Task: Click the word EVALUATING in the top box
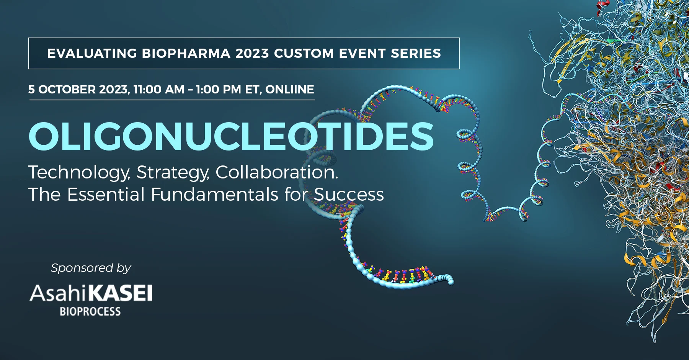click(92, 53)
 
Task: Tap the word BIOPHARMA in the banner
click(186, 53)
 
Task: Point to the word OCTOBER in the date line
click(67, 90)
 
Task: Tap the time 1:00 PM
click(219, 90)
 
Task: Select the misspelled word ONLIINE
click(290, 90)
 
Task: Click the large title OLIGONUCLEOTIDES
click(231, 136)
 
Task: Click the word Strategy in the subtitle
click(173, 173)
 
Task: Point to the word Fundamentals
click(215, 194)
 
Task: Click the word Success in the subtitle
click(349, 195)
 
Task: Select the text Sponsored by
click(91, 268)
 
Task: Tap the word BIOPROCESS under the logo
click(90, 311)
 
